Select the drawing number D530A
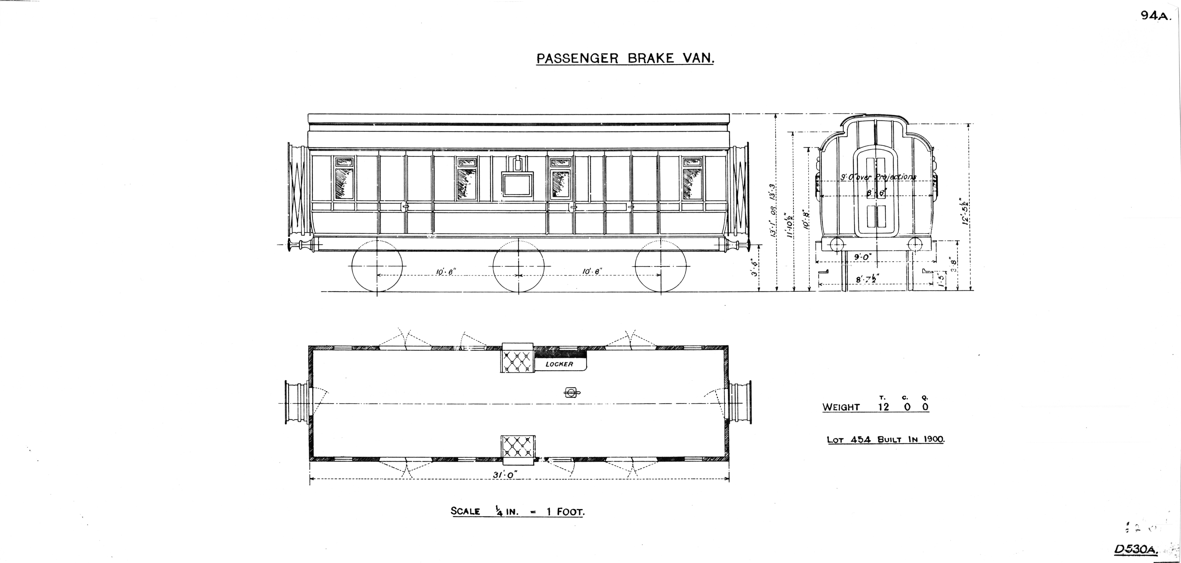point(1135,549)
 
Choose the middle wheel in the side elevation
point(518,266)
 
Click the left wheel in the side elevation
point(377,266)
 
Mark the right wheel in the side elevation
point(661,266)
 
